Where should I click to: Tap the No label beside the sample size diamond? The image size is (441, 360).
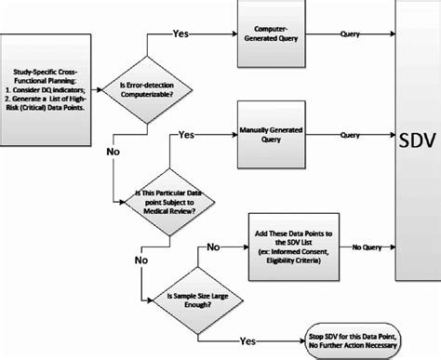pyautogui.click(x=213, y=247)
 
